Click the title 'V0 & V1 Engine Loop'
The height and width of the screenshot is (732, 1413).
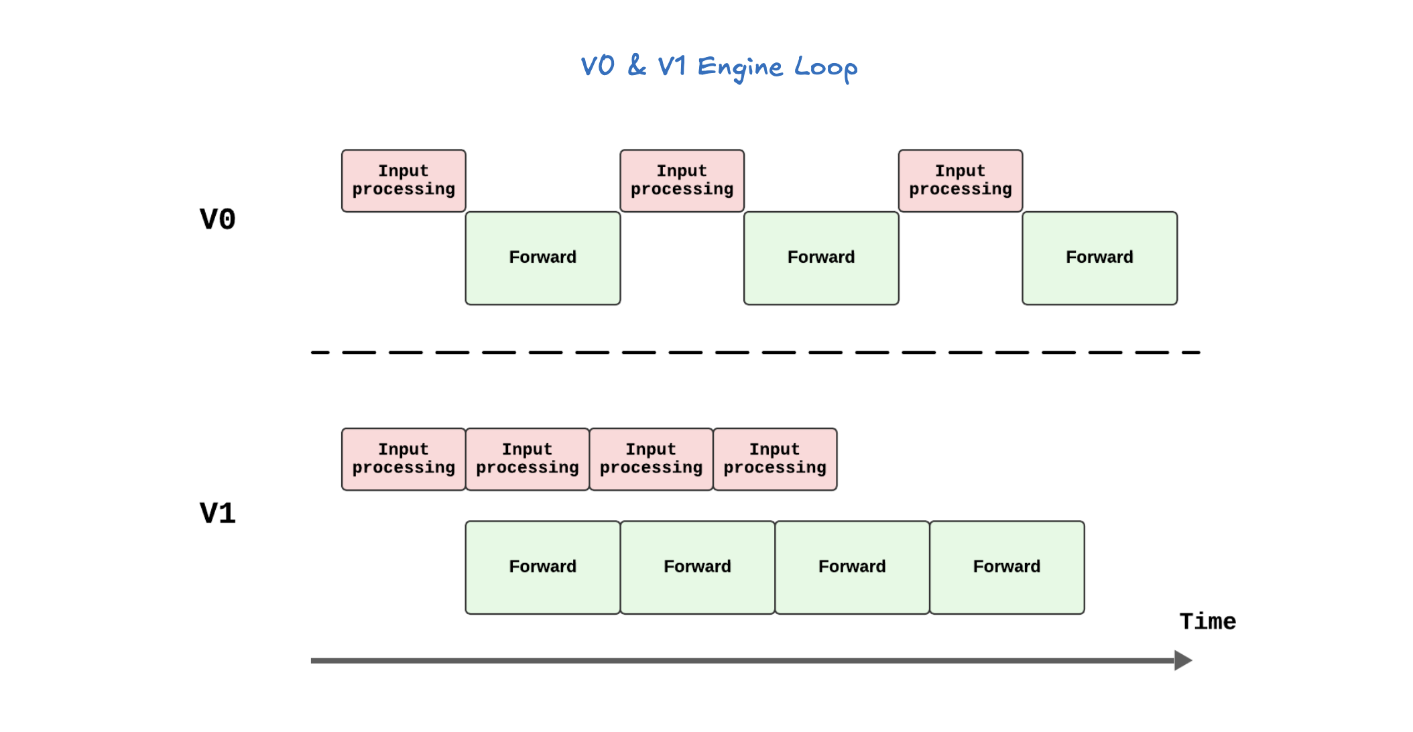[x=719, y=67]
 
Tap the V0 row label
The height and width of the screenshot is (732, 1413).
[x=218, y=219]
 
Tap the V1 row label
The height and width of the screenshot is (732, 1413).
[x=218, y=513]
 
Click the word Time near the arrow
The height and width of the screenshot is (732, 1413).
[x=1207, y=621]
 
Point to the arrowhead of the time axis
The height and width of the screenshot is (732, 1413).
[x=1183, y=660]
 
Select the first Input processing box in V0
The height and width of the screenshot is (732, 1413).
[x=404, y=181]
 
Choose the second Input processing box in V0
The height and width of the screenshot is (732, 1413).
[x=682, y=181]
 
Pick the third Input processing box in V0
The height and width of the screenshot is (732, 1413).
[x=960, y=181]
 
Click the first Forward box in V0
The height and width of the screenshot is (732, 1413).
[x=542, y=258]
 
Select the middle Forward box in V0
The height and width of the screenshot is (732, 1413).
[x=821, y=258]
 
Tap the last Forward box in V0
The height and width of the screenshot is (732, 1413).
[x=1099, y=258]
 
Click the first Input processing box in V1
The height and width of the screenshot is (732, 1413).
[x=404, y=459]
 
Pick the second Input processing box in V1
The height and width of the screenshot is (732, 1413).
[x=527, y=459]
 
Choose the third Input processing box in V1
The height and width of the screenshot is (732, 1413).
[x=651, y=459]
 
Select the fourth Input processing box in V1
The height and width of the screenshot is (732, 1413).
[x=775, y=459]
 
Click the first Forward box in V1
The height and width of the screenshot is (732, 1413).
[x=542, y=567]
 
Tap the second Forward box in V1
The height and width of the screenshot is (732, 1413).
[x=697, y=567]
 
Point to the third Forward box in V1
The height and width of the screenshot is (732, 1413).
[x=852, y=567]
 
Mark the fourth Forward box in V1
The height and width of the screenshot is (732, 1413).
[x=1007, y=567]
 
